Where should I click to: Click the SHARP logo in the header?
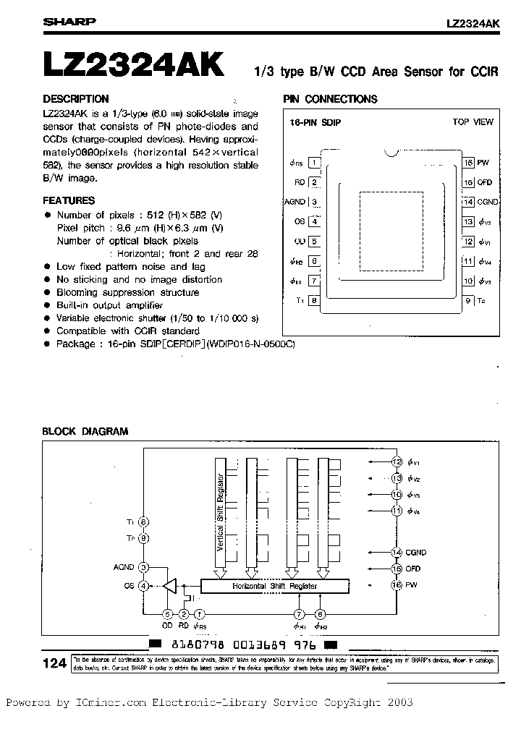coord(69,22)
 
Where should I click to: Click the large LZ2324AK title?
coord(134,64)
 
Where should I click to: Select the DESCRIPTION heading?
coord(76,99)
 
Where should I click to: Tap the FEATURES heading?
coord(69,200)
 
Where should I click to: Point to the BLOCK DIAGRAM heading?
coord(85,431)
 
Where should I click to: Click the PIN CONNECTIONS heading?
coord(330,99)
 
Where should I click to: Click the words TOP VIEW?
coord(473,122)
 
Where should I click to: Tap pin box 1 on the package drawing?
coord(314,163)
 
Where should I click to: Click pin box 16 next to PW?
coord(469,163)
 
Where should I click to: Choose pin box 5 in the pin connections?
coord(314,242)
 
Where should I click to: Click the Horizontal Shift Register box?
coord(274,586)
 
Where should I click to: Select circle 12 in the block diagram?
coord(397,461)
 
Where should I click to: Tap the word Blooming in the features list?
coord(77,292)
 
